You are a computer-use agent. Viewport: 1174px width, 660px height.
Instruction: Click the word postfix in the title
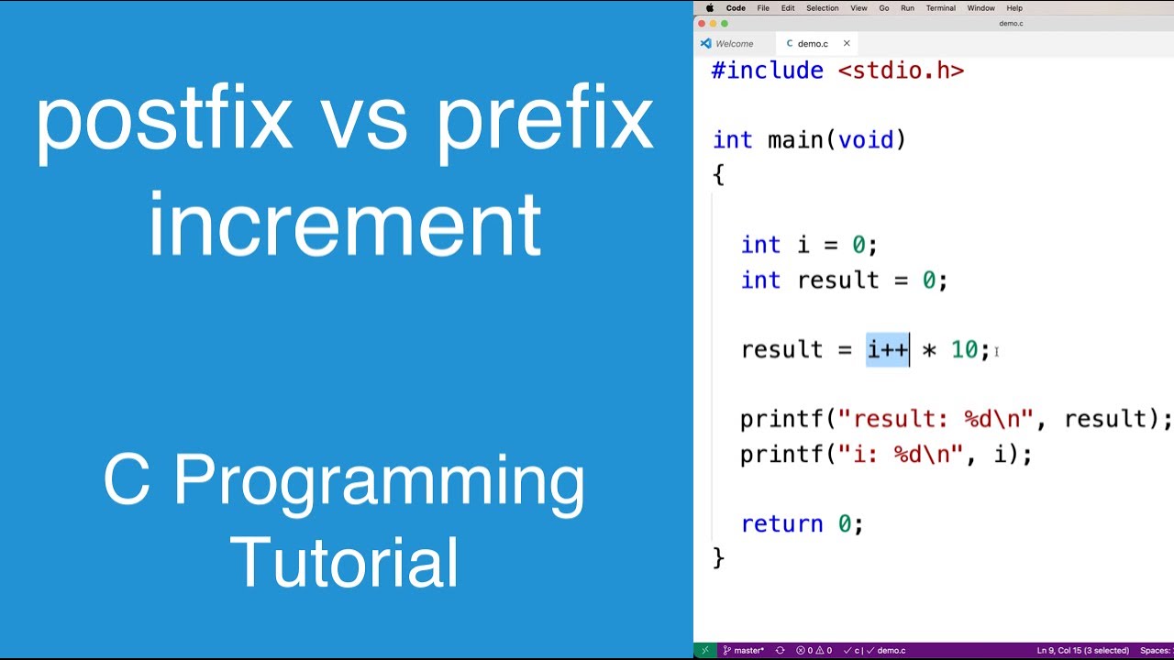coord(163,121)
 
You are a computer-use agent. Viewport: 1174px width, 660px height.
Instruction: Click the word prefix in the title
coord(545,121)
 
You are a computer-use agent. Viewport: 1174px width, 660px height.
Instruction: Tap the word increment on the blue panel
coord(344,226)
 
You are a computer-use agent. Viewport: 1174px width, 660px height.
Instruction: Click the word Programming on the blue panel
coord(378,481)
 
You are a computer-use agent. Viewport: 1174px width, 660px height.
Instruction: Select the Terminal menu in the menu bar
coord(940,8)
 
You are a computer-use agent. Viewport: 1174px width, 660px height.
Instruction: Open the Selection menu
coord(822,8)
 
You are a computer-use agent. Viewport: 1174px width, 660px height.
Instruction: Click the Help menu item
coord(1014,8)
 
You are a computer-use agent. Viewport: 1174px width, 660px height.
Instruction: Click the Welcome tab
coord(734,43)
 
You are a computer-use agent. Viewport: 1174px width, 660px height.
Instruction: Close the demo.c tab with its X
coord(847,43)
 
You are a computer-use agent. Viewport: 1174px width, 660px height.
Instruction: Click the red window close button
coord(702,23)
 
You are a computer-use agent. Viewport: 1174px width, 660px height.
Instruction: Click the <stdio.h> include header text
coord(901,71)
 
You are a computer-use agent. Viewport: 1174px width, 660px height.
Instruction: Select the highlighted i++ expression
coord(887,349)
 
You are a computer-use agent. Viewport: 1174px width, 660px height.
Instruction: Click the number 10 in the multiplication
coord(963,349)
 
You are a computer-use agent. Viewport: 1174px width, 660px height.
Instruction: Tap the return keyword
coord(781,523)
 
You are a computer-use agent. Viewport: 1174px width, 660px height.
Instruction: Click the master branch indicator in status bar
coord(744,651)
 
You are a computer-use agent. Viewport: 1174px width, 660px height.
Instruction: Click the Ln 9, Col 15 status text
coord(1082,651)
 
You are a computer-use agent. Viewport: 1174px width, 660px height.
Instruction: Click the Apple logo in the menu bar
coord(709,8)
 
